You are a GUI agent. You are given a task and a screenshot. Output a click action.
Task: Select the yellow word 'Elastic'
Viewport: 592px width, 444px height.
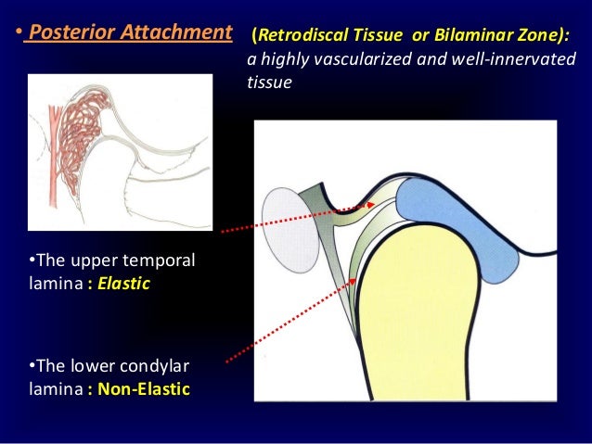pyautogui.click(x=124, y=283)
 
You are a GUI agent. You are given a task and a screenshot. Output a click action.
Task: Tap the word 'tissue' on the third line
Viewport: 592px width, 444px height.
pyautogui.click(x=269, y=82)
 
